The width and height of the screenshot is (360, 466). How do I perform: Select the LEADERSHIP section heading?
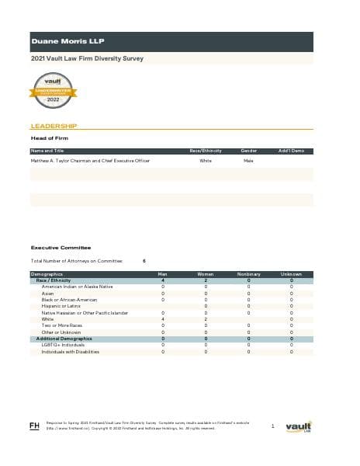point(54,125)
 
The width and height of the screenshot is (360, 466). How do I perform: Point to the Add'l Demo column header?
point(291,150)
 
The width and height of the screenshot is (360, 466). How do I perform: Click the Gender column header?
point(248,150)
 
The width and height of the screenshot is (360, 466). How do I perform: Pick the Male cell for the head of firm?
point(248,161)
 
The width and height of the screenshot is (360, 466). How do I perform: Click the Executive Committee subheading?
point(55,248)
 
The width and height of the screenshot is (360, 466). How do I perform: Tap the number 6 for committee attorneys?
point(145,260)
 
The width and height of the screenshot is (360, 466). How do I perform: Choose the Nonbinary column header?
point(248,274)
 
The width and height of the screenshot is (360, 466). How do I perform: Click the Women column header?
point(206,274)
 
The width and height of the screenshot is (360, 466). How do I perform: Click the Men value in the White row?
point(163,319)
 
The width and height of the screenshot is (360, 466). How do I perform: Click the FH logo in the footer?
point(34,425)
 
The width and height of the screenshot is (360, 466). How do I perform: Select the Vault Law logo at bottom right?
point(299,426)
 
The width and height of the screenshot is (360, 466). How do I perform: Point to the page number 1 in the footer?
point(273,426)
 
